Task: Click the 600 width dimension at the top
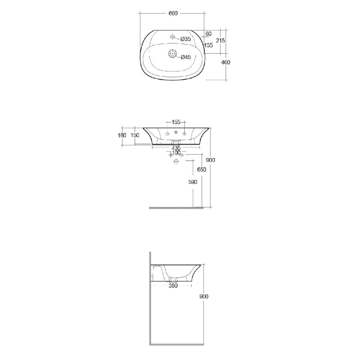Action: [x=173, y=13]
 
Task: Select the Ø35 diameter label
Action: [x=185, y=39]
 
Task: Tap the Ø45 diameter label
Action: [x=185, y=57]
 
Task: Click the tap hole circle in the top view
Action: [x=172, y=37]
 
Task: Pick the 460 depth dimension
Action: [x=225, y=62]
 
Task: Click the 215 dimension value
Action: [x=221, y=41]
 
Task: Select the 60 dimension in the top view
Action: [x=208, y=34]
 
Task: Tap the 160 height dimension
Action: [x=122, y=135]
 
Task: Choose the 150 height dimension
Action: [x=135, y=135]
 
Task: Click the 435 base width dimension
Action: [x=176, y=148]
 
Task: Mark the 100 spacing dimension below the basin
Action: [x=176, y=153]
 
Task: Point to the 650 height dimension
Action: [x=202, y=170]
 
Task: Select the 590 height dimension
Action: [x=193, y=182]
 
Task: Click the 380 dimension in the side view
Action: [x=174, y=286]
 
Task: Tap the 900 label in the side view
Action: [x=204, y=297]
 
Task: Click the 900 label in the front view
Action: [x=211, y=160]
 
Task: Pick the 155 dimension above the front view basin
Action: [x=176, y=122]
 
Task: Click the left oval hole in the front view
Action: [x=168, y=134]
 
